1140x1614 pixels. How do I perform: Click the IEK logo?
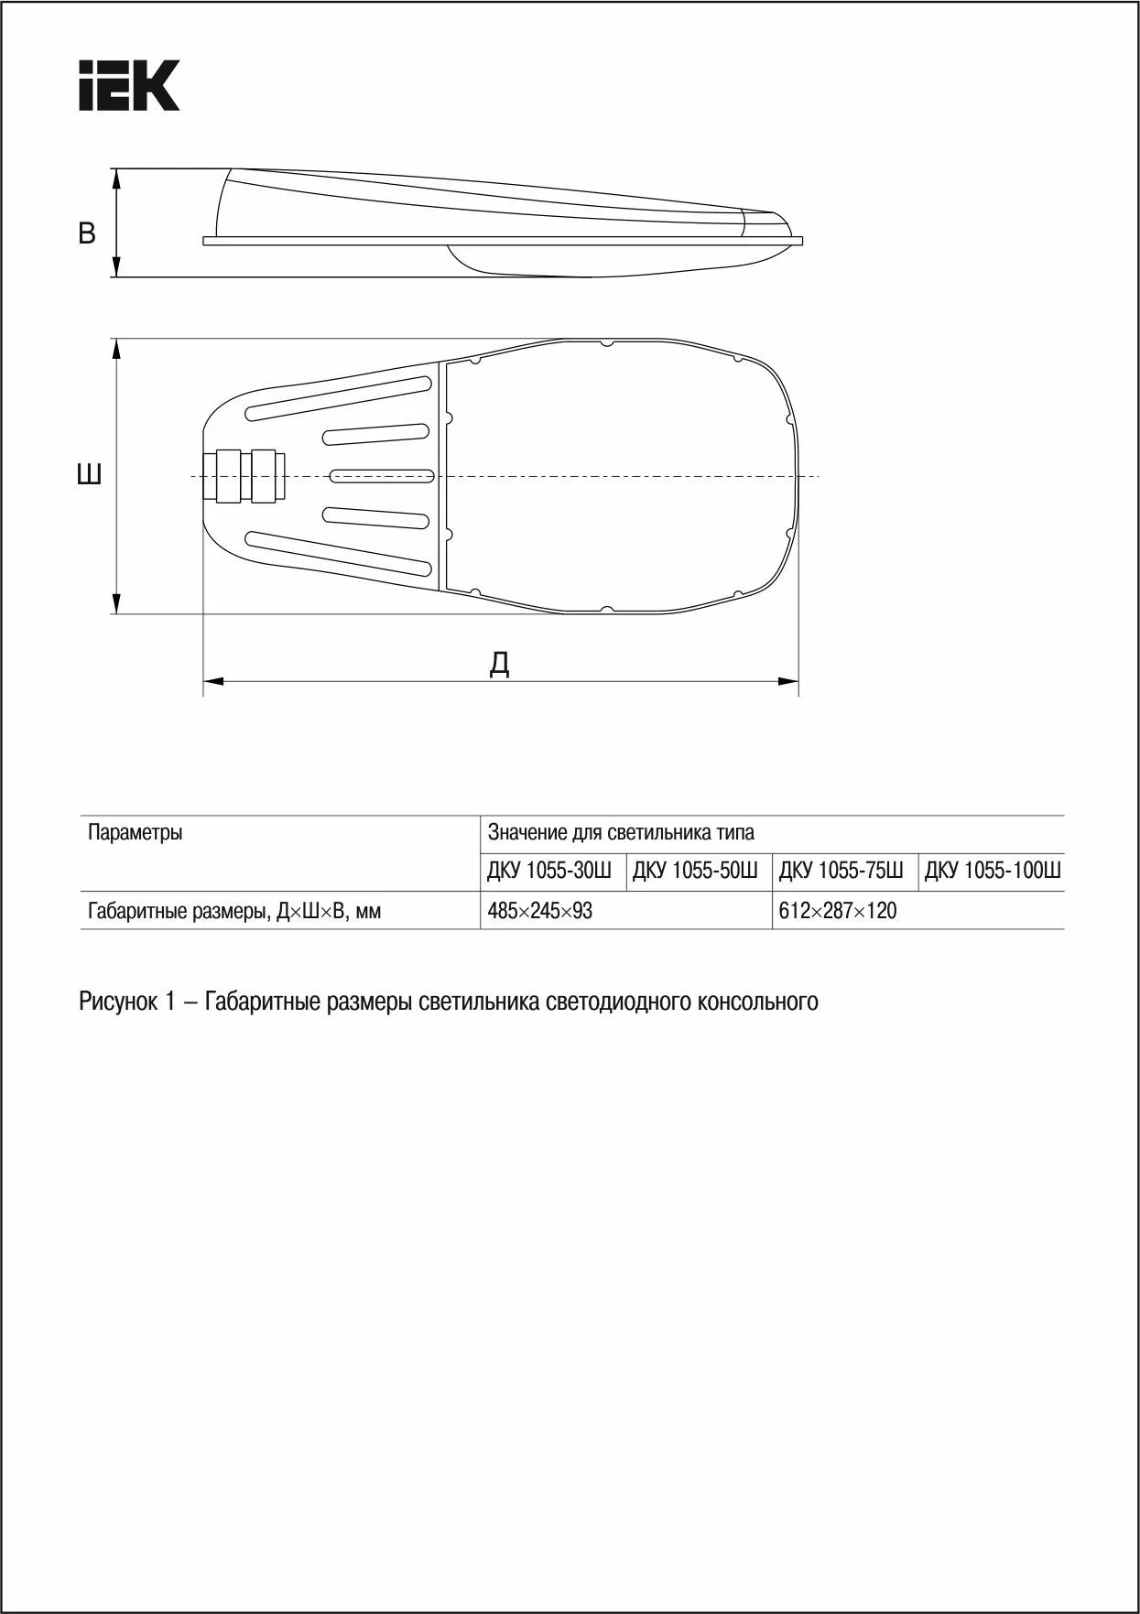129,86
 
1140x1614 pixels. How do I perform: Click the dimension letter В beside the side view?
87,233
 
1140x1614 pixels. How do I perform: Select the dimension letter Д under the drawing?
499,663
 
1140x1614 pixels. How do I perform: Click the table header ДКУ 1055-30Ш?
549,871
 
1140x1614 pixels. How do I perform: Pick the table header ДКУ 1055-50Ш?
695,871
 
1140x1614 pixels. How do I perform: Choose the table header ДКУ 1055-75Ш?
841,871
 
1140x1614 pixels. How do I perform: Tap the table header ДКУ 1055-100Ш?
992,871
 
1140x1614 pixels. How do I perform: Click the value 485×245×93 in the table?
540,911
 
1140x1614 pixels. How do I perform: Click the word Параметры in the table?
136,832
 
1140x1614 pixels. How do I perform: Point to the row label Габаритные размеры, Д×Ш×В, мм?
234,911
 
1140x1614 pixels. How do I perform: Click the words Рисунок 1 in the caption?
126,1002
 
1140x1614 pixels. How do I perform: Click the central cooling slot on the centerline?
380,476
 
